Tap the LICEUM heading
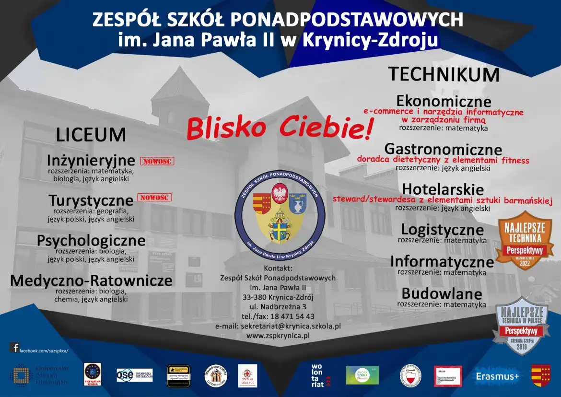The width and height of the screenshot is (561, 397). tap(91, 135)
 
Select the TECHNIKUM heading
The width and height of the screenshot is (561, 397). tap(444, 75)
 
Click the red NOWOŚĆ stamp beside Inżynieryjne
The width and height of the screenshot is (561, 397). tap(157, 161)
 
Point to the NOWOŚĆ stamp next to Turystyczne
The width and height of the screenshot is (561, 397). tap(154, 198)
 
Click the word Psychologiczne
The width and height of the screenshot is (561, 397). tap(91, 240)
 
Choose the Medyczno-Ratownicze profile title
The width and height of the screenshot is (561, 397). tap(91, 280)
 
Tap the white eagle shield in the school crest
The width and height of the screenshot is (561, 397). tap(280, 193)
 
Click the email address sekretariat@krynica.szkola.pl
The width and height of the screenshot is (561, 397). tap(278, 326)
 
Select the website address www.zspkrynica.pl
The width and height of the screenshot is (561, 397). tap(278, 336)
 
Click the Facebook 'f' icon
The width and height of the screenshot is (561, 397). tap(15, 348)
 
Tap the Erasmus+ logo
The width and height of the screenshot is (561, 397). tap(497, 376)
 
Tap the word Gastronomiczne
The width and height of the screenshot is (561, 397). tap(443, 149)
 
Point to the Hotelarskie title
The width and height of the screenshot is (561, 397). tap(443, 189)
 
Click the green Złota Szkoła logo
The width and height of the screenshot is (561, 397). tap(362, 375)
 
